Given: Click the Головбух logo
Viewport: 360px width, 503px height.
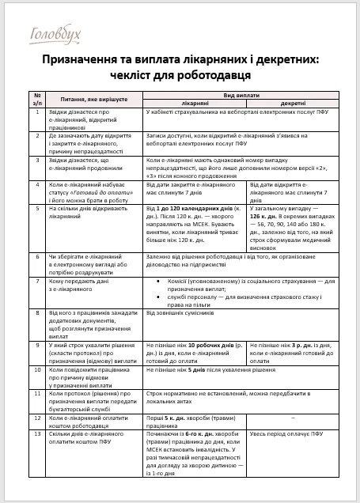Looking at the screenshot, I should pyautogui.click(x=55, y=34).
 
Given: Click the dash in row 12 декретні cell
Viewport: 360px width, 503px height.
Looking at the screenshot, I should pyautogui.click(x=293, y=418).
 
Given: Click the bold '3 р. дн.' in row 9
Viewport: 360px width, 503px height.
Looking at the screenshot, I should pyautogui.click(x=301, y=346).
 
